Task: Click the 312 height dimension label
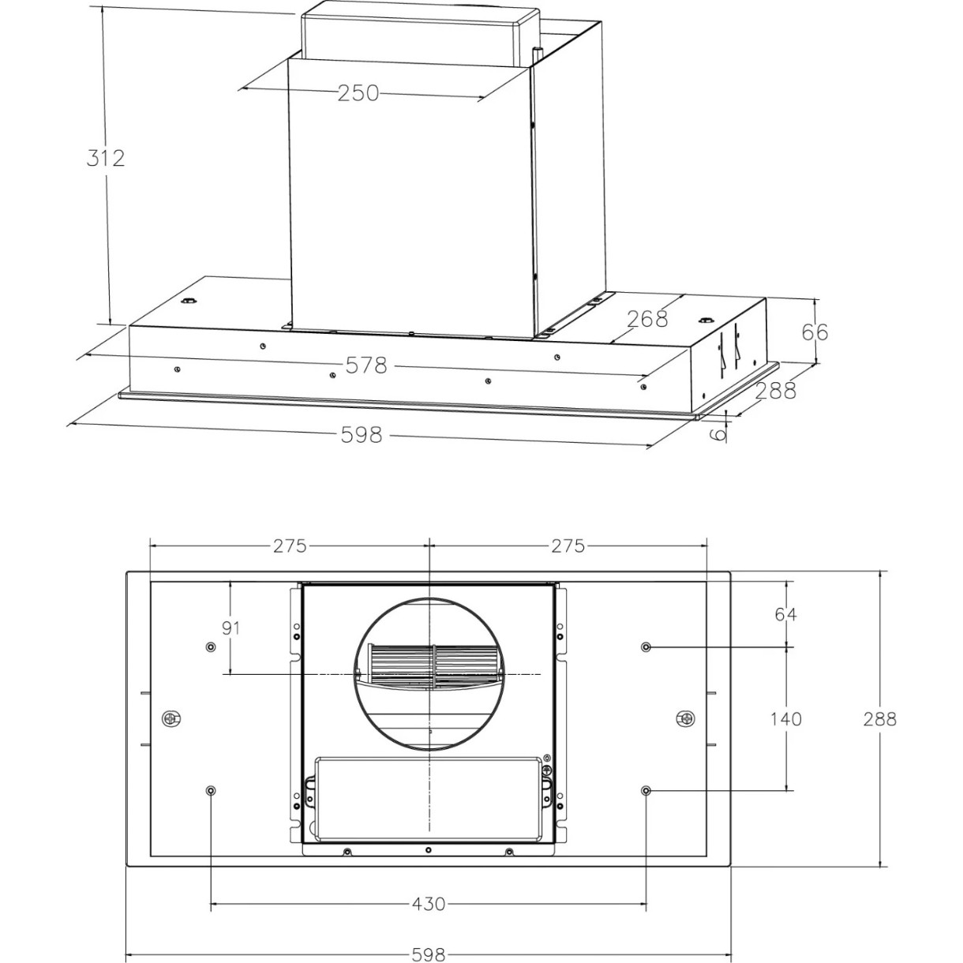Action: [106, 158]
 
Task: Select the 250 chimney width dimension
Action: [358, 93]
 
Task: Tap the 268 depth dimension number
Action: [647, 319]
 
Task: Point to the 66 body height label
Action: [815, 332]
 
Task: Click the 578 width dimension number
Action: [366, 365]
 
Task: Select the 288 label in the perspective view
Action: [775, 390]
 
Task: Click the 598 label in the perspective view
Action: [362, 434]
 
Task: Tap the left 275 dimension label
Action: [290, 545]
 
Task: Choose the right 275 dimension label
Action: [568, 545]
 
